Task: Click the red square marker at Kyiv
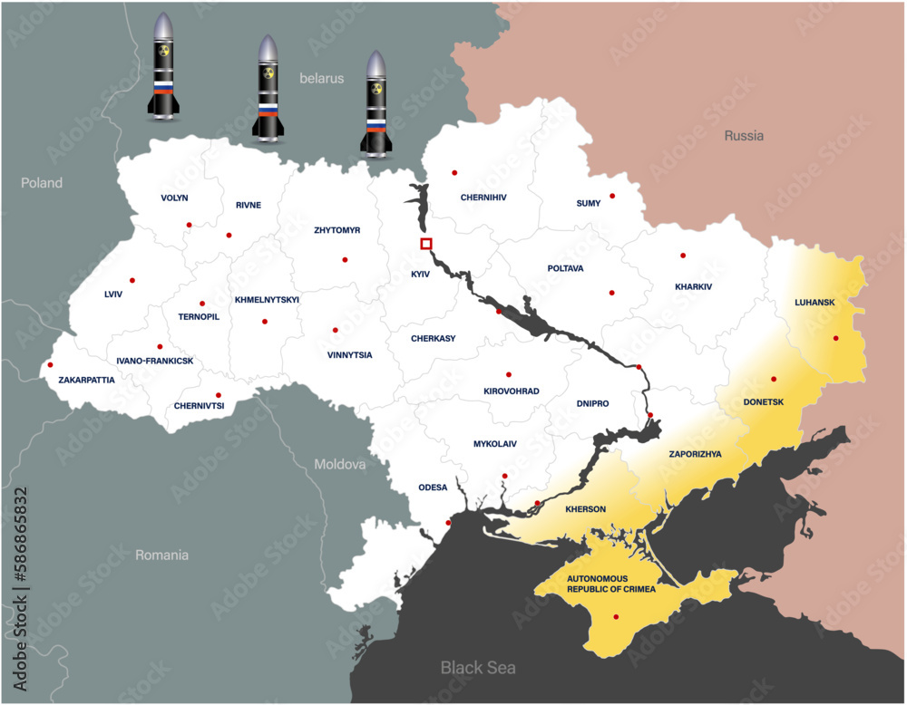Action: (x=426, y=243)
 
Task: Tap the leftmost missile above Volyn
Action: (x=163, y=68)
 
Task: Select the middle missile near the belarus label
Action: (x=268, y=89)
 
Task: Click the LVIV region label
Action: (x=113, y=295)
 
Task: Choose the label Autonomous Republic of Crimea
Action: (x=611, y=584)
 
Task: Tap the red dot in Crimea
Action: (x=617, y=618)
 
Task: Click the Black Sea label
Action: (x=478, y=668)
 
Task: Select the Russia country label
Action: (x=744, y=136)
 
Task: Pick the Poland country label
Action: (x=42, y=183)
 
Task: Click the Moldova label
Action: (x=340, y=464)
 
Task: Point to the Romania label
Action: (x=161, y=555)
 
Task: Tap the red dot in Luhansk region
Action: (x=836, y=338)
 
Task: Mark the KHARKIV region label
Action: (x=694, y=287)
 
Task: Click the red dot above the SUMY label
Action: (x=612, y=196)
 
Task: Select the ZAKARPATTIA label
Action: (x=86, y=380)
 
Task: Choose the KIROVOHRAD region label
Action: (x=511, y=391)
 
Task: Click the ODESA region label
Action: (x=433, y=488)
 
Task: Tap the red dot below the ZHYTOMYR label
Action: (x=345, y=260)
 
